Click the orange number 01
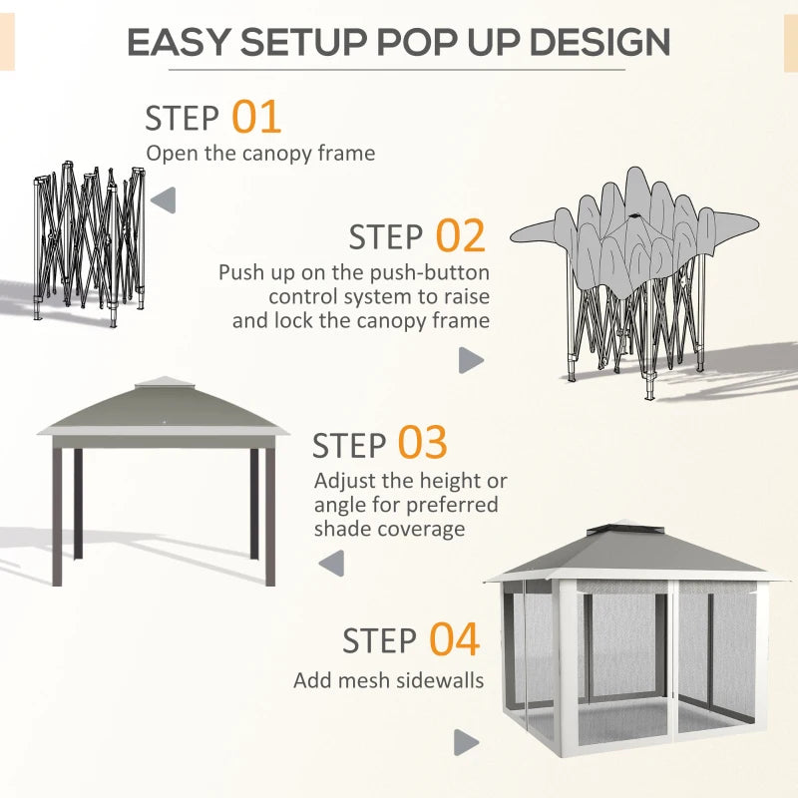(x=256, y=118)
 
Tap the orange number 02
(x=460, y=236)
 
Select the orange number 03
(x=423, y=444)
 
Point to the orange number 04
(x=454, y=639)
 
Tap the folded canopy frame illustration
(x=85, y=239)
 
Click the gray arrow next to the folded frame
(x=163, y=199)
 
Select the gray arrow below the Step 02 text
(x=471, y=360)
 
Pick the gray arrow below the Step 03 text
(x=331, y=564)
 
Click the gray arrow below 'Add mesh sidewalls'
(x=466, y=742)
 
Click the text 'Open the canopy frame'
(x=260, y=154)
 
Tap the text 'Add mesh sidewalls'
(x=388, y=680)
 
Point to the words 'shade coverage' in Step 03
(x=389, y=529)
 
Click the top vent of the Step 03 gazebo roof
(x=164, y=383)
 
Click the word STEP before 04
(x=380, y=641)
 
